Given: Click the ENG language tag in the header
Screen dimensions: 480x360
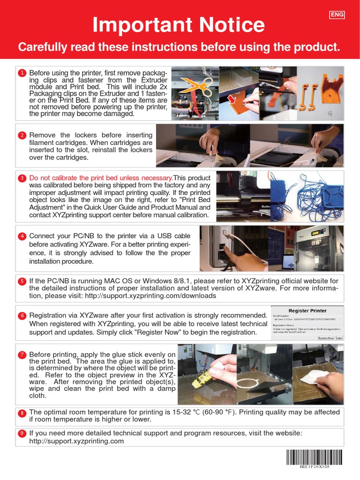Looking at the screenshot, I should pos(337,15).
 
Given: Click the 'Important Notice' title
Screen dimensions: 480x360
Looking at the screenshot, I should pos(178,25).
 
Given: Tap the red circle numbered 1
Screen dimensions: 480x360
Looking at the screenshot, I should pos(22,73).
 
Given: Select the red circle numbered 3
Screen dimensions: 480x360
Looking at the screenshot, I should pos(22,179).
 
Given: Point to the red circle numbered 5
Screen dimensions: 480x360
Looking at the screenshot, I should pos(22,281).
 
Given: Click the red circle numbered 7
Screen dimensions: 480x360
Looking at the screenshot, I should pos(22,355).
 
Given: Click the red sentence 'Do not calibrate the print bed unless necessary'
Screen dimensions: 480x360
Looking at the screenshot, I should pos(101,178).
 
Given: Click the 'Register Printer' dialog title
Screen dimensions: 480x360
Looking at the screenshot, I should pos(307,311).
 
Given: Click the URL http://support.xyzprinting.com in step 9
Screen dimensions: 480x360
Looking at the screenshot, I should pos(76,441).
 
